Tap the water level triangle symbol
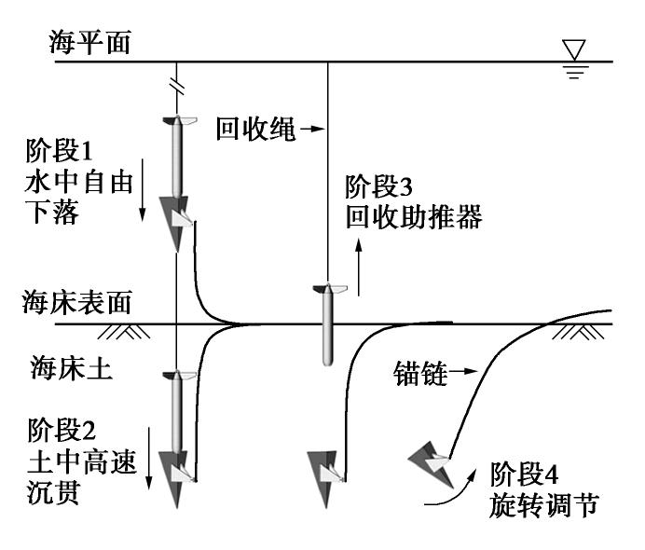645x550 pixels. pyautogui.click(x=573, y=49)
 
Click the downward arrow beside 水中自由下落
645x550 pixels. pyautogui.click(x=143, y=197)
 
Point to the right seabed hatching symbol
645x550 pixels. pyautogui.click(x=574, y=332)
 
